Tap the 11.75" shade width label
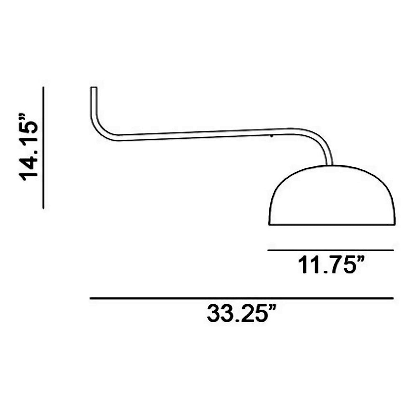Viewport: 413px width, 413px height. click(x=332, y=265)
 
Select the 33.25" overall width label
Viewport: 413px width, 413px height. click(x=241, y=313)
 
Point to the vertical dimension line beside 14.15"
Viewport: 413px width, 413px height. click(x=43, y=147)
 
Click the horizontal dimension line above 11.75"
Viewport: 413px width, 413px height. click(x=330, y=250)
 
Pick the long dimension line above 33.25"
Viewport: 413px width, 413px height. click(x=242, y=298)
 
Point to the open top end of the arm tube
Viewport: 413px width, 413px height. click(x=94, y=88)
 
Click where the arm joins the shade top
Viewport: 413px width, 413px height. click(x=329, y=165)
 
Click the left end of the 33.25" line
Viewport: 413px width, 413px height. click(x=90, y=298)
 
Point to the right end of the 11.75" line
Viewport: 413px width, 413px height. click(x=393, y=250)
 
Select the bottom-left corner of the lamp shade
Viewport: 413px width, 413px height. click(x=269, y=224)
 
